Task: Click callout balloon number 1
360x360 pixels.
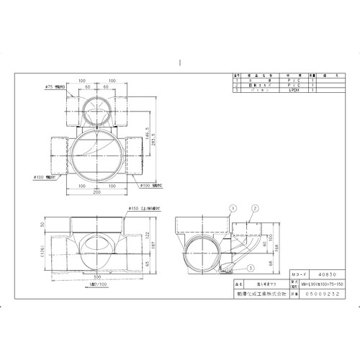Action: (x=233, y=206)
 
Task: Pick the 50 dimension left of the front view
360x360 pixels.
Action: (x=42, y=225)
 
